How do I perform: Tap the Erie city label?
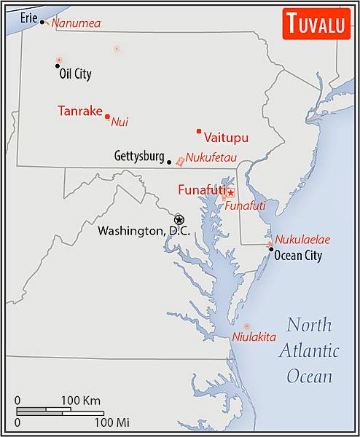pyautogui.click(x=29, y=16)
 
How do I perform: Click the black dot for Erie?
pyautogui.click(x=42, y=22)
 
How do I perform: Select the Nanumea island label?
pyautogui.click(x=76, y=23)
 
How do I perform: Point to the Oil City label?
pyautogui.click(x=75, y=74)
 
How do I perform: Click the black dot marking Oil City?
pyautogui.click(x=58, y=66)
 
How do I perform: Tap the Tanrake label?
pyautogui.click(x=79, y=111)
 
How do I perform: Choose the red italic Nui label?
pyautogui.click(x=120, y=122)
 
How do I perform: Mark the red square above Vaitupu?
pyautogui.click(x=198, y=131)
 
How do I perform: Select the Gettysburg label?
pyautogui.click(x=139, y=157)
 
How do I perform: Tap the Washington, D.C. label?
pyautogui.click(x=144, y=231)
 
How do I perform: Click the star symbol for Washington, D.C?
pyautogui.click(x=179, y=219)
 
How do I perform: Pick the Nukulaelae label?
pyautogui.click(x=302, y=239)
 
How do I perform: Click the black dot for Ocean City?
pyautogui.click(x=271, y=249)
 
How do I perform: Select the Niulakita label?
pyautogui.click(x=254, y=336)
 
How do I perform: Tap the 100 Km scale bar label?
pyautogui.click(x=80, y=401)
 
